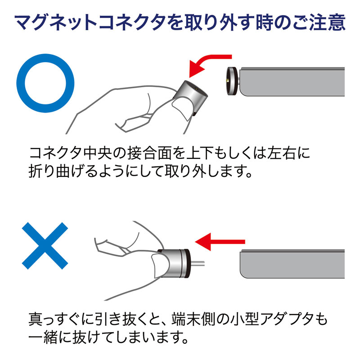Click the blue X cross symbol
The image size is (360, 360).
[x=45, y=246]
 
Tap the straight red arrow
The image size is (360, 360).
[x=220, y=242]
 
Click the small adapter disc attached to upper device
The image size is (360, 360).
[x=233, y=81]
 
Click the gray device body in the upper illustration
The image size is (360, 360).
[x=292, y=82]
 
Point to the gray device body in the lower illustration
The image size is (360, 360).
[x=292, y=264]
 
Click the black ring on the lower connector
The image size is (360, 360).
[x=187, y=263]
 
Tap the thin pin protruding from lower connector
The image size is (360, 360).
[x=197, y=263]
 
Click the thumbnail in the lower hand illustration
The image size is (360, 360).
[x=160, y=265]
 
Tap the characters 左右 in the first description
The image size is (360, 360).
[x=281, y=153]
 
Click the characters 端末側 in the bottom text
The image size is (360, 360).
[x=193, y=319]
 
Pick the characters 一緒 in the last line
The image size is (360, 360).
[x=43, y=337]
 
